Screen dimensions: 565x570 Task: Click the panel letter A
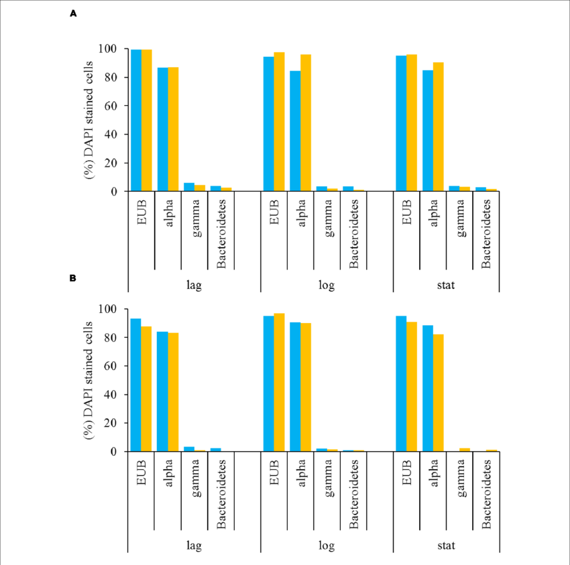[73, 13]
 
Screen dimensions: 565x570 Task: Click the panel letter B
[73, 276]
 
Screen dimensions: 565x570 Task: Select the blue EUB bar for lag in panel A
[136, 121]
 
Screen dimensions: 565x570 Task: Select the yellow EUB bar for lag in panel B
[146, 389]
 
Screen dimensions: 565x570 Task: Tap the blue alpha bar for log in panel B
[295, 387]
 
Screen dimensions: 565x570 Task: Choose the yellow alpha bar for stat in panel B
[439, 393]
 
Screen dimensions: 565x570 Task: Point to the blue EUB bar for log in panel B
[268, 383]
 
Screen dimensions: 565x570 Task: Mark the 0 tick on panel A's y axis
[114, 192]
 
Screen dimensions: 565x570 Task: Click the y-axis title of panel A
[89, 120]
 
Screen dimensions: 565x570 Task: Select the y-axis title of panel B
[89, 380]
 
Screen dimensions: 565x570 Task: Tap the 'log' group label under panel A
[327, 285]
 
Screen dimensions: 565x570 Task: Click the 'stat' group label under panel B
[445, 546]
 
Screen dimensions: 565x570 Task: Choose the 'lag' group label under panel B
[193, 546]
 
